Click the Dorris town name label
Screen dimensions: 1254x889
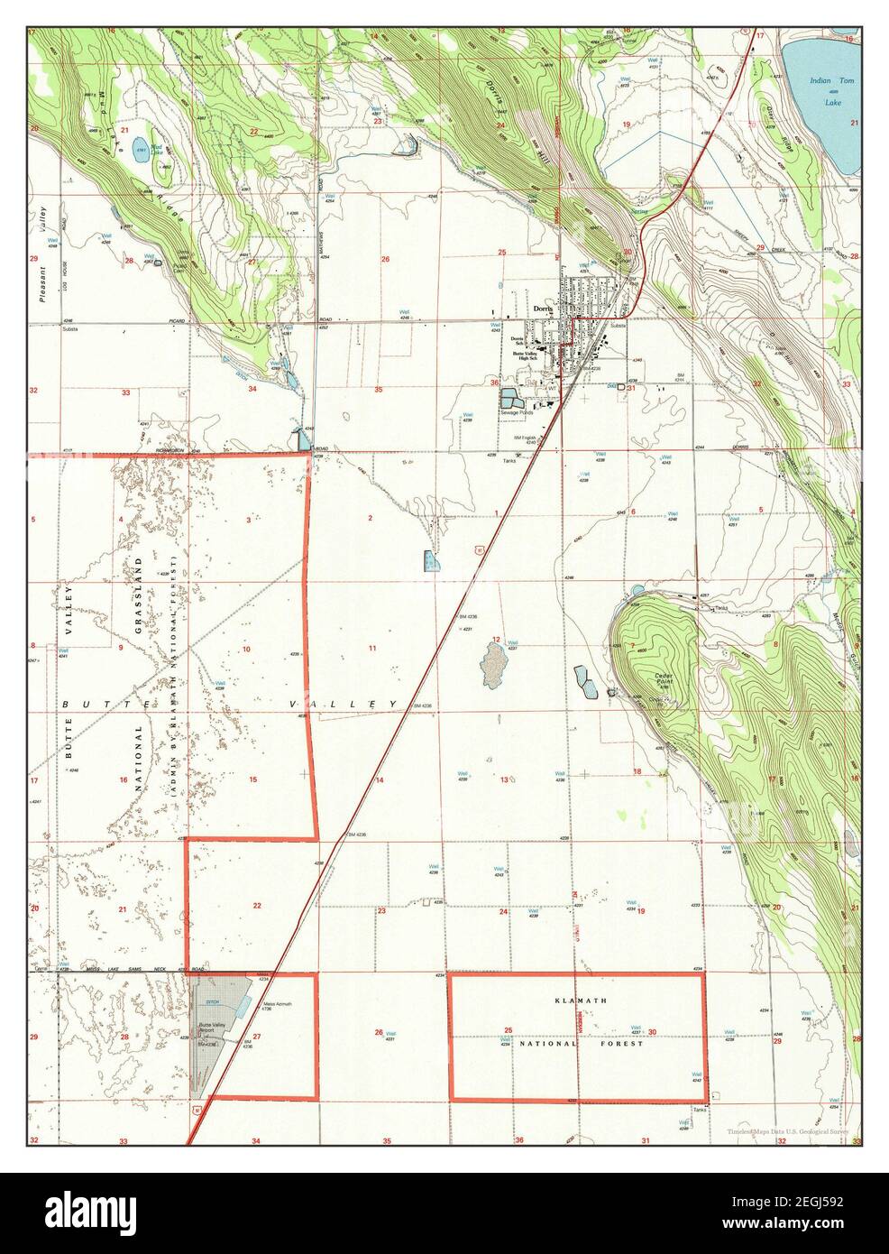pyautogui.click(x=542, y=307)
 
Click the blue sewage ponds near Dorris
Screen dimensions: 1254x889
pyautogui.click(x=511, y=398)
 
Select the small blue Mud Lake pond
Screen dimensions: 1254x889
pyautogui.click(x=142, y=151)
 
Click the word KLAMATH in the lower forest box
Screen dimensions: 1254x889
pyautogui.click(x=577, y=1001)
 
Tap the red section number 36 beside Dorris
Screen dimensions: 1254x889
pyautogui.click(x=494, y=383)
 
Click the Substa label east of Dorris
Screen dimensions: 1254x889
pyautogui.click(x=618, y=324)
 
